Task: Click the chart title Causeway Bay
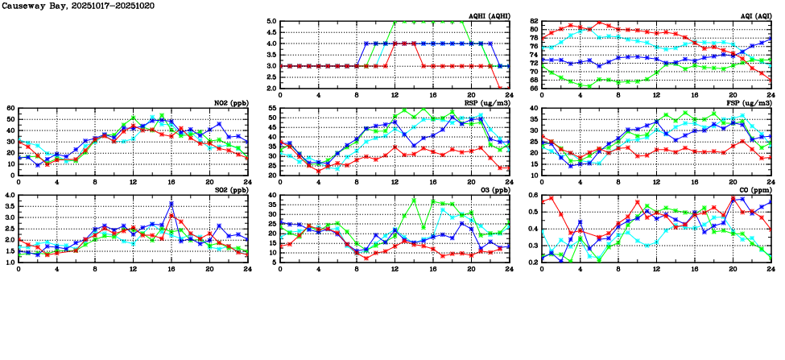click(x=33, y=6)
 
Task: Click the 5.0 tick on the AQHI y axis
click(x=271, y=22)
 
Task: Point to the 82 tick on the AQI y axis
click(x=534, y=22)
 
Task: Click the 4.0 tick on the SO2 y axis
click(x=9, y=196)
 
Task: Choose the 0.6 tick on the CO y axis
click(x=532, y=196)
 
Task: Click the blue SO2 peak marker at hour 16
click(x=171, y=204)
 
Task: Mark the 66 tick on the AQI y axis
click(x=534, y=88)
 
